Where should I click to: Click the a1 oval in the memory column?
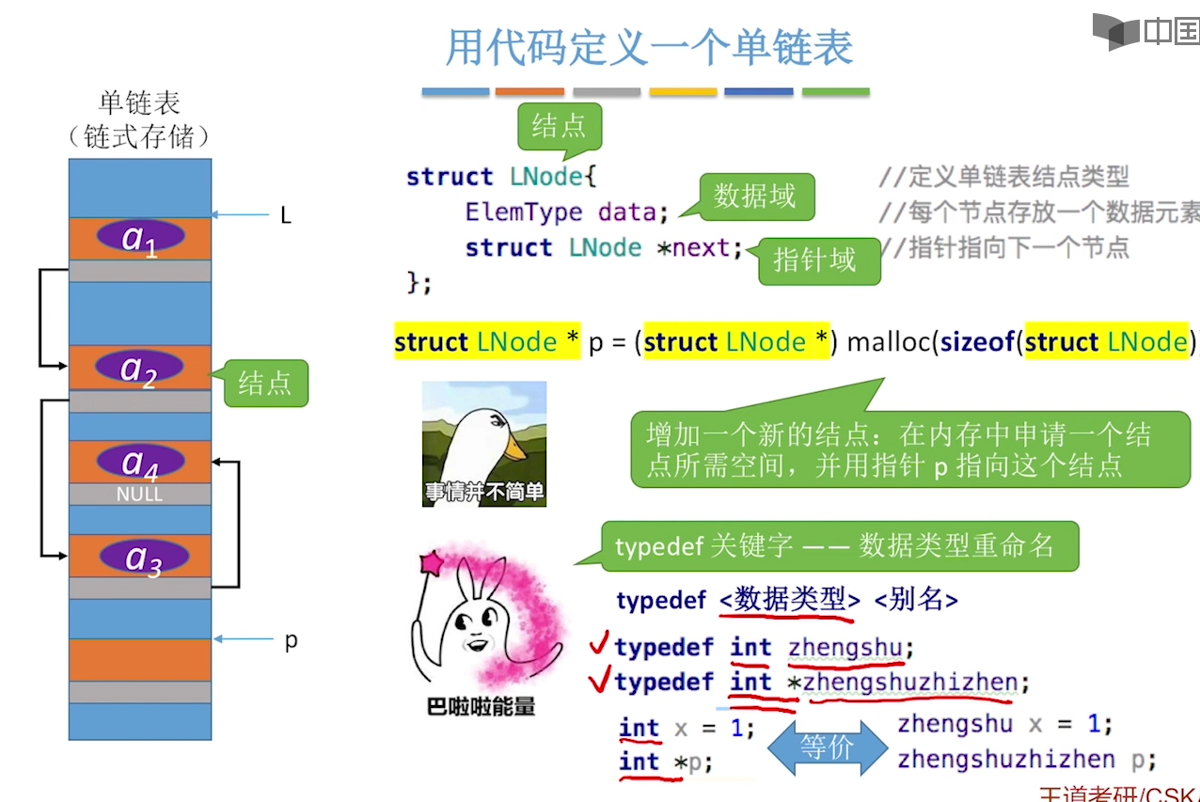pyautogui.click(x=140, y=237)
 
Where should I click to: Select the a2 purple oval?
pyautogui.click(x=139, y=369)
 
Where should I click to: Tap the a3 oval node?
pyautogui.click(x=144, y=557)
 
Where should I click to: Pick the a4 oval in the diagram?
pyautogui.click(x=139, y=462)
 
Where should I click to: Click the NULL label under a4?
pyautogui.click(x=139, y=494)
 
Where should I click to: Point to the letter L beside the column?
pyautogui.click(x=286, y=216)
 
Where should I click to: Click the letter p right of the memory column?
pyautogui.click(x=291, y=641)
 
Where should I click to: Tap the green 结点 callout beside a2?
pyautogui.click(x=264, y=384)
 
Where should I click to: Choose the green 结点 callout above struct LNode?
pyautogui.click(x=559, y=126)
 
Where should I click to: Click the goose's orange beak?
pyautogui.click(x=513, y=449)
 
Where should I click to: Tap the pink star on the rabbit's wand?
pyautogui.click(x=434, y=563)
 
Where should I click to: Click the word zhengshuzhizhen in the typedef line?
pyautogui.click(x=910, y=683)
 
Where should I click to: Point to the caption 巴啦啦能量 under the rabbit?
pyautogui.click(x=481, y=707)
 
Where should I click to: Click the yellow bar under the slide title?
pyautogui.click(x=683, y=92)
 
